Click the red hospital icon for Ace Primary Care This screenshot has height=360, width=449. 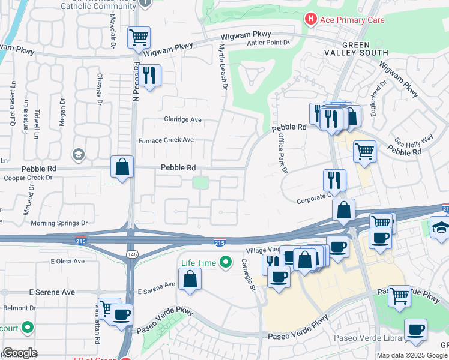[x=310, y=20]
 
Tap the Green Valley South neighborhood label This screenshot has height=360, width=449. [x=365, y=49]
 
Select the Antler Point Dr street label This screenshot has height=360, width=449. [x=269, y=43]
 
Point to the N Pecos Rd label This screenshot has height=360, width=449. [x=136, y=80]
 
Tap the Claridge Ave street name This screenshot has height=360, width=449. [x=183, y=119]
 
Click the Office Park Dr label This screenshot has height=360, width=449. [x=282, y=154]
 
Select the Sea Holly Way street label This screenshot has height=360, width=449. [x=414, y=140]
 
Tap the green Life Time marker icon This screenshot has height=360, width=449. [x=226, y=263]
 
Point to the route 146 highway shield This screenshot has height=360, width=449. [x=131, y=254]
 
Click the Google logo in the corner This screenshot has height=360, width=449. [x=20, y=353]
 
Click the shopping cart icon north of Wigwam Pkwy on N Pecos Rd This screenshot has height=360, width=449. [x=139, y=38]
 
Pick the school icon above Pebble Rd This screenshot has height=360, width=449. [x=78, y=155]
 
